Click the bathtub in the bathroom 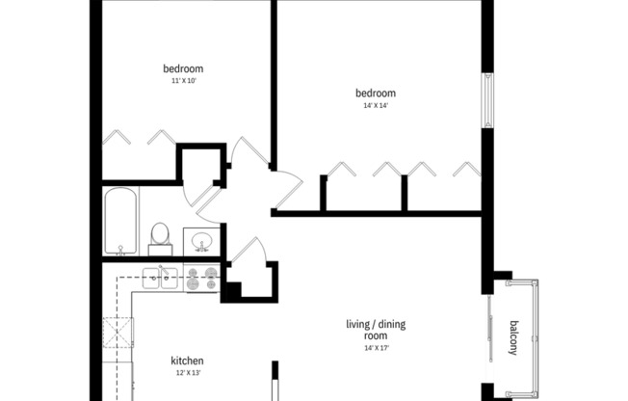click(x=121, y=220)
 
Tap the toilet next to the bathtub click(x=160, y=237)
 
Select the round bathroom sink click(x=202, y=240)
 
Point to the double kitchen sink click(x=160, y=279)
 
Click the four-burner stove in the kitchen click(x=201, y=279)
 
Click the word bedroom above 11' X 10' click(x=183, y=68)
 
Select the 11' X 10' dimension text click(x=183, y=81)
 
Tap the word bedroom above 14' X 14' click(x=376, y=94)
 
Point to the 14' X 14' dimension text click(x=376, y=106)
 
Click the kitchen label click(x=187, y=361)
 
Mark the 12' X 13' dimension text click(x=187, y=374)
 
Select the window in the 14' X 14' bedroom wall click(x=487, y=100)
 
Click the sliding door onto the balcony click(x=489, y=333)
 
